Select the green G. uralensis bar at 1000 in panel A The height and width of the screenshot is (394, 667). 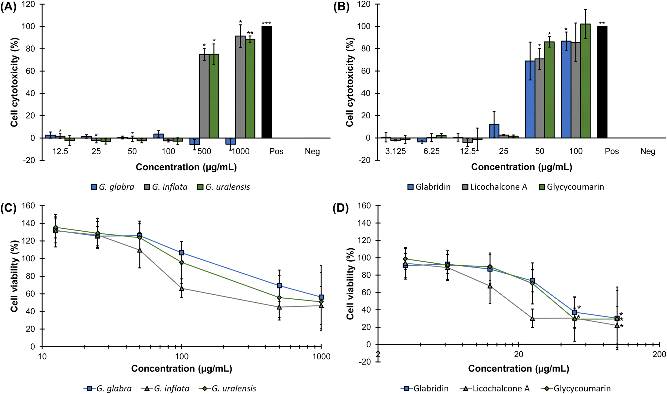(x=250, y=88)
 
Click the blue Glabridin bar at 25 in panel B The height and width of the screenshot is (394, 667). (x=494, y=131)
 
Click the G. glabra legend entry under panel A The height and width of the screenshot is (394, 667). (x=112, y=187)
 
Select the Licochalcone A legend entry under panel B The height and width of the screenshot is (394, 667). (x=495, y=187)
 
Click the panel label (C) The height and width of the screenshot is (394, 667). (x=8, y=208)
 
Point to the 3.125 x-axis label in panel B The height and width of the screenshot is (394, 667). (x=396, y=151)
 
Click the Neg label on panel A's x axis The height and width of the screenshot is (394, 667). (x=312, y=151)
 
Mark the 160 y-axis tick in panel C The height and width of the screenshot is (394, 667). (x=29, y=206)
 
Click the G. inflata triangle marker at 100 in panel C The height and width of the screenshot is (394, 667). (x=182, y=288)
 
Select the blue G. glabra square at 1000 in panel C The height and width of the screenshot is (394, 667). (x=321, y=297)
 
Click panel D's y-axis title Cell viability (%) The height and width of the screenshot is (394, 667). (x=350, y=284)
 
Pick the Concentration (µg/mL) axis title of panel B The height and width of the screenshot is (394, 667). (x=522, y=167)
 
